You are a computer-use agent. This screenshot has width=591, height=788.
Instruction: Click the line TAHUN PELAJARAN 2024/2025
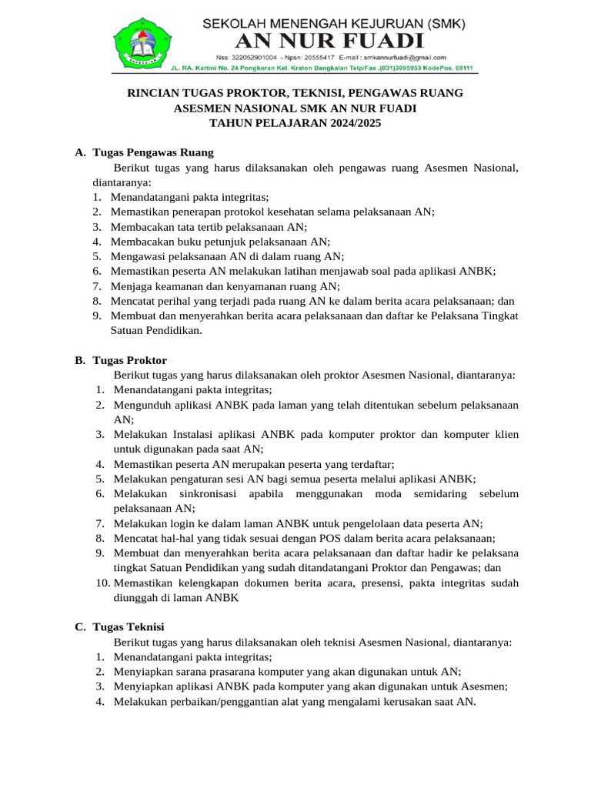point(295,123)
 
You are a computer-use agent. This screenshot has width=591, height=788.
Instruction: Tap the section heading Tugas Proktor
point(129,360)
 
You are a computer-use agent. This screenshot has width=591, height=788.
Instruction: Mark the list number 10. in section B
point(103,583)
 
